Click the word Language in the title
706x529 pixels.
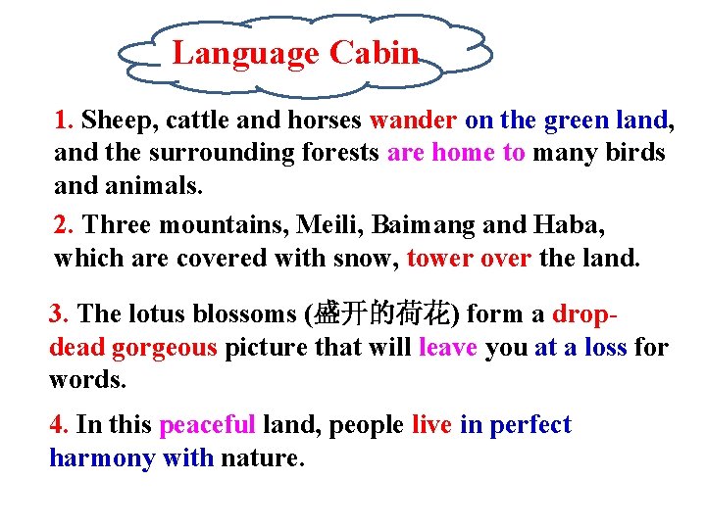click(x=246, y=53)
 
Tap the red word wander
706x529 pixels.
click(x=413, y=120)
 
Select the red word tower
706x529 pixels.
click(x=435, y=259)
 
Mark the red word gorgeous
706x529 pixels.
click(x=164, y=348)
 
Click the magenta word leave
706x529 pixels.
click(x=447, y=348)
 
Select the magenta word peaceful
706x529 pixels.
click(x=207, y=425)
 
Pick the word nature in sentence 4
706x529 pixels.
click(x=260, y=457)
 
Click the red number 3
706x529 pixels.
click(x=58, y=314)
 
